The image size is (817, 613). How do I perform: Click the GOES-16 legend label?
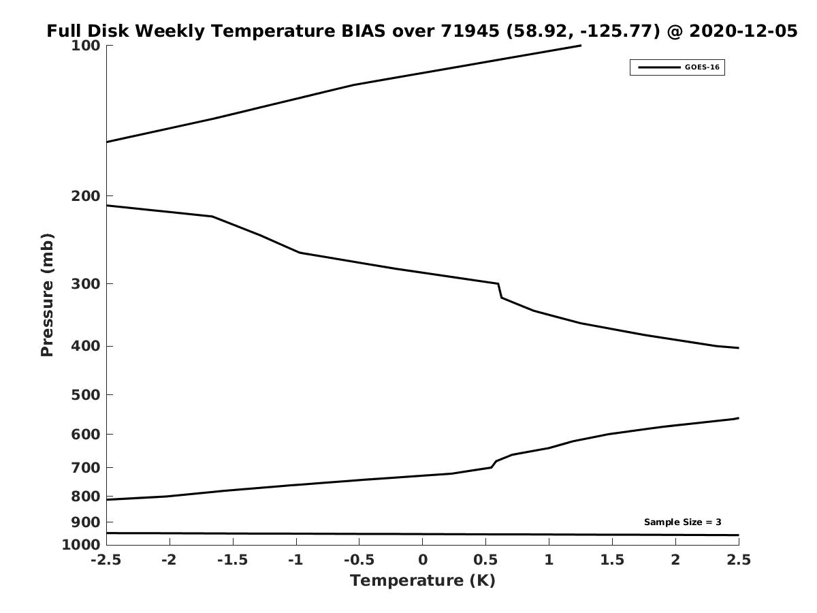[x=702, y=67]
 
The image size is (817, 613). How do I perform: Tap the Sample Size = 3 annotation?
[x=683, y=522]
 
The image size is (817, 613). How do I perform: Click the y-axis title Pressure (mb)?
[x=47, y=295]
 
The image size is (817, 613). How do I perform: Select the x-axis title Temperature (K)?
[x=423, y=580]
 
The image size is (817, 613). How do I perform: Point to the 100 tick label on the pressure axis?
[x=86, y=46]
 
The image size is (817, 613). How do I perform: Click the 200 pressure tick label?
[x=86, y=195]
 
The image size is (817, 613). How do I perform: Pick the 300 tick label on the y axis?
[x=86, y=283]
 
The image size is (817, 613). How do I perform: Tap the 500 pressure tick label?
[x=86, y=394]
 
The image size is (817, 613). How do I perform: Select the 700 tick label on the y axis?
[x=86, y=467]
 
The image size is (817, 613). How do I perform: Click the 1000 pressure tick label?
[x=81, y=545]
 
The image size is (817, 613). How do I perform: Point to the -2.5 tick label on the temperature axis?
[x=106, y=560]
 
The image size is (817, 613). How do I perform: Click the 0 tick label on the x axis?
[x=423, y=560]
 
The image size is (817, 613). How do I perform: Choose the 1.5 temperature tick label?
[x=612, y=560]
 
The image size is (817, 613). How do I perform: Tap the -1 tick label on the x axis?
[x=296, y=560]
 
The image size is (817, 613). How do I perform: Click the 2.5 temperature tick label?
[x=739, y=560]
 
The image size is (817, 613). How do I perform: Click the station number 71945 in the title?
[x=470, y=31]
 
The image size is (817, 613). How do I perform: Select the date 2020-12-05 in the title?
[x=743, y=31]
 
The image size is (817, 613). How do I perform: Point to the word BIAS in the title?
[x=363, y=31]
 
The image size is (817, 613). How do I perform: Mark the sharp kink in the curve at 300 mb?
[x=498, y=283]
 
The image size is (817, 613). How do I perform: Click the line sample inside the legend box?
[x=659, y=67]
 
